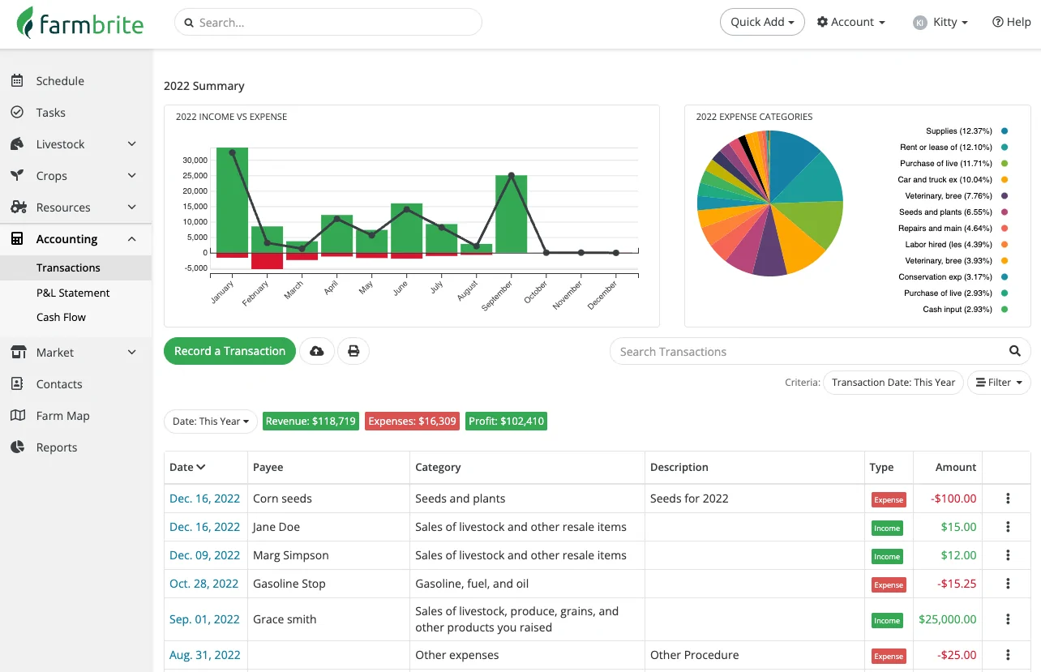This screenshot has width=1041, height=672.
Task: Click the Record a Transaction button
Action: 229,351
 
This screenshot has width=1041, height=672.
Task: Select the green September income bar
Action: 512,214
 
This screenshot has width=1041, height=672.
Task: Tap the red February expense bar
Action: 267,261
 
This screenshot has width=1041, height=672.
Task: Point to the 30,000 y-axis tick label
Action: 194,161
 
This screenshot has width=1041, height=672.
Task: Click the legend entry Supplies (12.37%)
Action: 958,131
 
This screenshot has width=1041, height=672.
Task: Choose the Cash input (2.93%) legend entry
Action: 957,310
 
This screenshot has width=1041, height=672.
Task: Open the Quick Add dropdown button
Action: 762,22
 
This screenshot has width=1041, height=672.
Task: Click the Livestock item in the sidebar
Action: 61,144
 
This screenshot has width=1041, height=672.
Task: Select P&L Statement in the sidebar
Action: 73,293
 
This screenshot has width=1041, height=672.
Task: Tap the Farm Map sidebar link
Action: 62,416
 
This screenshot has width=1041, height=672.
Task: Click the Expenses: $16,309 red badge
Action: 413,422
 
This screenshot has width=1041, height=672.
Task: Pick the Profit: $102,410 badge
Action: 506,422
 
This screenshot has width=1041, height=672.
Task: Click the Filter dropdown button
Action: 999,383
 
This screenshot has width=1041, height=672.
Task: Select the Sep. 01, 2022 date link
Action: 204,619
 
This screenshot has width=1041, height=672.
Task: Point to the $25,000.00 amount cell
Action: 947,619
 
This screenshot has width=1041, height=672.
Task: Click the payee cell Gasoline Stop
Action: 289,584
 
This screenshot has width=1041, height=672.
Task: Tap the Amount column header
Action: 956,467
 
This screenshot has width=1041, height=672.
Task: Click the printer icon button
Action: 353,351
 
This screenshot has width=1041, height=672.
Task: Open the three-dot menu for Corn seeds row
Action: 1008,499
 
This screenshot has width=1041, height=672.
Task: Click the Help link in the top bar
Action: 1012,22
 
